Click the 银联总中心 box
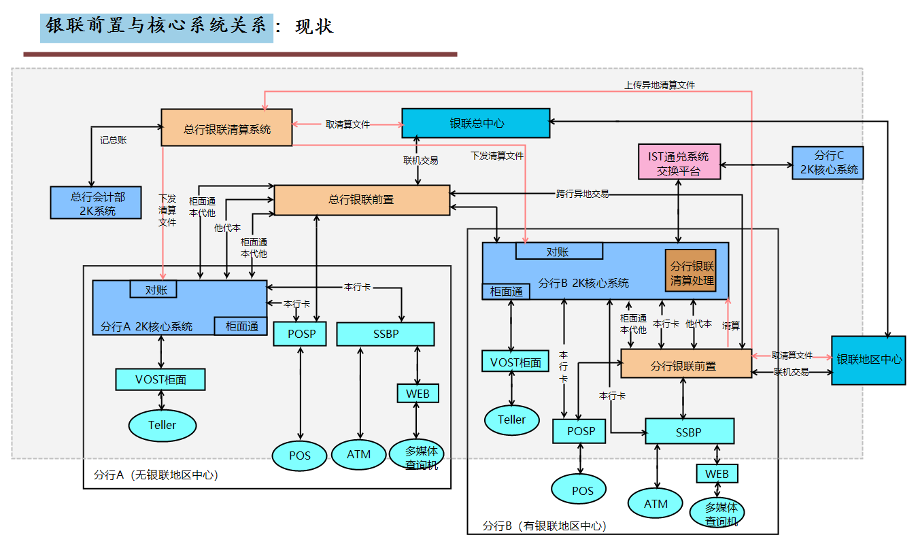[476, 123]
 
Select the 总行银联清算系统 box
[226, 127]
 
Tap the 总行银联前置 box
[361, 200]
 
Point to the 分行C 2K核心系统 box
[827, 163]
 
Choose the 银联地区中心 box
[868, 360]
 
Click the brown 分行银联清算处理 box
[691, 273]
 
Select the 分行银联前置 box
[686, 364]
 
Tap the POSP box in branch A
[299, 334]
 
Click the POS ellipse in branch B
[582, 490]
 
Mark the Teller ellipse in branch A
[162, 425]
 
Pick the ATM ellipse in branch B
[656, 504]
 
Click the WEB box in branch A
[418, 393]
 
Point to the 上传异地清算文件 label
[660, 85]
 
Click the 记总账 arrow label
[113, 140]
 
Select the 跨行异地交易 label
[582, 194]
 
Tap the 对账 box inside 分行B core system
[559, 252]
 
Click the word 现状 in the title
[314, 27]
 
